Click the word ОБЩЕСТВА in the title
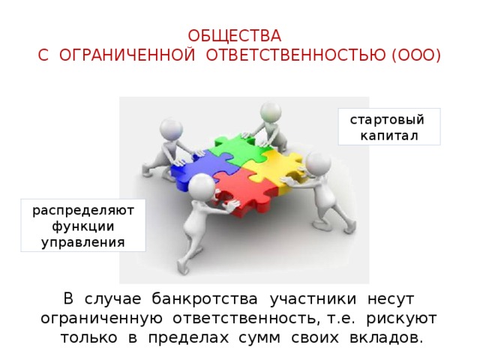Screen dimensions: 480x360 coord(235,36)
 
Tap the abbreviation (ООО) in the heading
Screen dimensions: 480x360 coord(416,55)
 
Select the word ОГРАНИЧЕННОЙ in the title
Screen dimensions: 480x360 coord(127,55)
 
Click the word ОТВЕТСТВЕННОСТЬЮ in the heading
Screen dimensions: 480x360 coord(295,55)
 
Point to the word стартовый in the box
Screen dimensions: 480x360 coord(387,120)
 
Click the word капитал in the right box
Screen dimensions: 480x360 coord(389,136)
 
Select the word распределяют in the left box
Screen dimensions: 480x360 coord(83,211)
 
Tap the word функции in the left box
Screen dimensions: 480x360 coord(83,226)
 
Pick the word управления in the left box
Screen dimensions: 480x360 coord(83,243)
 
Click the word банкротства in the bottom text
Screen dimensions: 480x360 coord(205,298)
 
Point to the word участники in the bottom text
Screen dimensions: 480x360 coord(313,299)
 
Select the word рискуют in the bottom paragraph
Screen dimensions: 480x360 coord(401,319)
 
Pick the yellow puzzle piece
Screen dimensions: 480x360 coord(272,168)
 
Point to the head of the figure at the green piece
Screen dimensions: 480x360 coord(271,112)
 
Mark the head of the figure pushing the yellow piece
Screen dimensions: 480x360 coord(318,164)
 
